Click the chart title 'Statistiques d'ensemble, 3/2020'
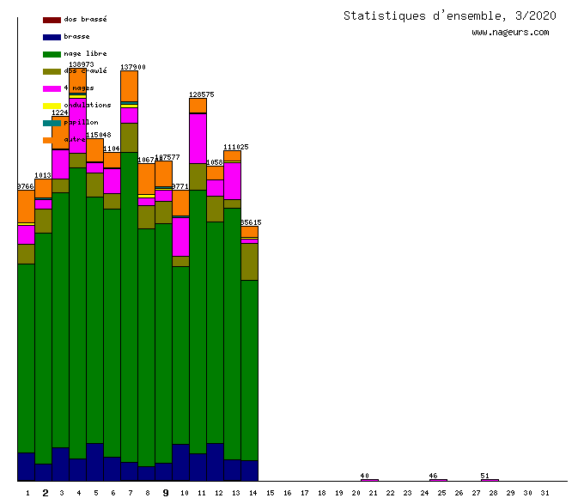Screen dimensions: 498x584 (x=449, y=15)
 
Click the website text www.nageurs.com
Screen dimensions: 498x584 (x=510, y=33)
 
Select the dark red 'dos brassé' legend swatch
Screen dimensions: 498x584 (x=52, y=20)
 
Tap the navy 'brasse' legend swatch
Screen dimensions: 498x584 (x=52, y=37)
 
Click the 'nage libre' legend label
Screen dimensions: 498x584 (x=85, y=53)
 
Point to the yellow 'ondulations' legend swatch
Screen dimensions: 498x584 (x=52, y=106)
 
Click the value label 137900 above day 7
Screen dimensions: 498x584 (x=132, y=67)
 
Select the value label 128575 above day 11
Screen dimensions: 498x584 (x=201, y=94)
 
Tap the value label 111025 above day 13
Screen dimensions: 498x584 (x=235, y=147)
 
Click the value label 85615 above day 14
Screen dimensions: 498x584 (x=251, y=222)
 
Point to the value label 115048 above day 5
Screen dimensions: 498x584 (x=99, y=135)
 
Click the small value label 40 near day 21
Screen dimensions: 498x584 (x=364, y=476)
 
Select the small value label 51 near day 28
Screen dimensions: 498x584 (x=484, y=476)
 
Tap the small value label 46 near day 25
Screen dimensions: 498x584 (x=433, y=476)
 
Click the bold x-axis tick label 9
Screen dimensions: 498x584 (x=166, y=493)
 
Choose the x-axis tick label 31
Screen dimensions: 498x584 (x=544, y=493)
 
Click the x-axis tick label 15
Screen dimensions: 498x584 (x=269, y=493)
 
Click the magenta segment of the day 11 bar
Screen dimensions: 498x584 (x=198, y=138)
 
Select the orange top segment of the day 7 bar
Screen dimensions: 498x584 (x=129, y=86)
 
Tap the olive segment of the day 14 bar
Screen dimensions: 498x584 (x=249, y=262)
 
